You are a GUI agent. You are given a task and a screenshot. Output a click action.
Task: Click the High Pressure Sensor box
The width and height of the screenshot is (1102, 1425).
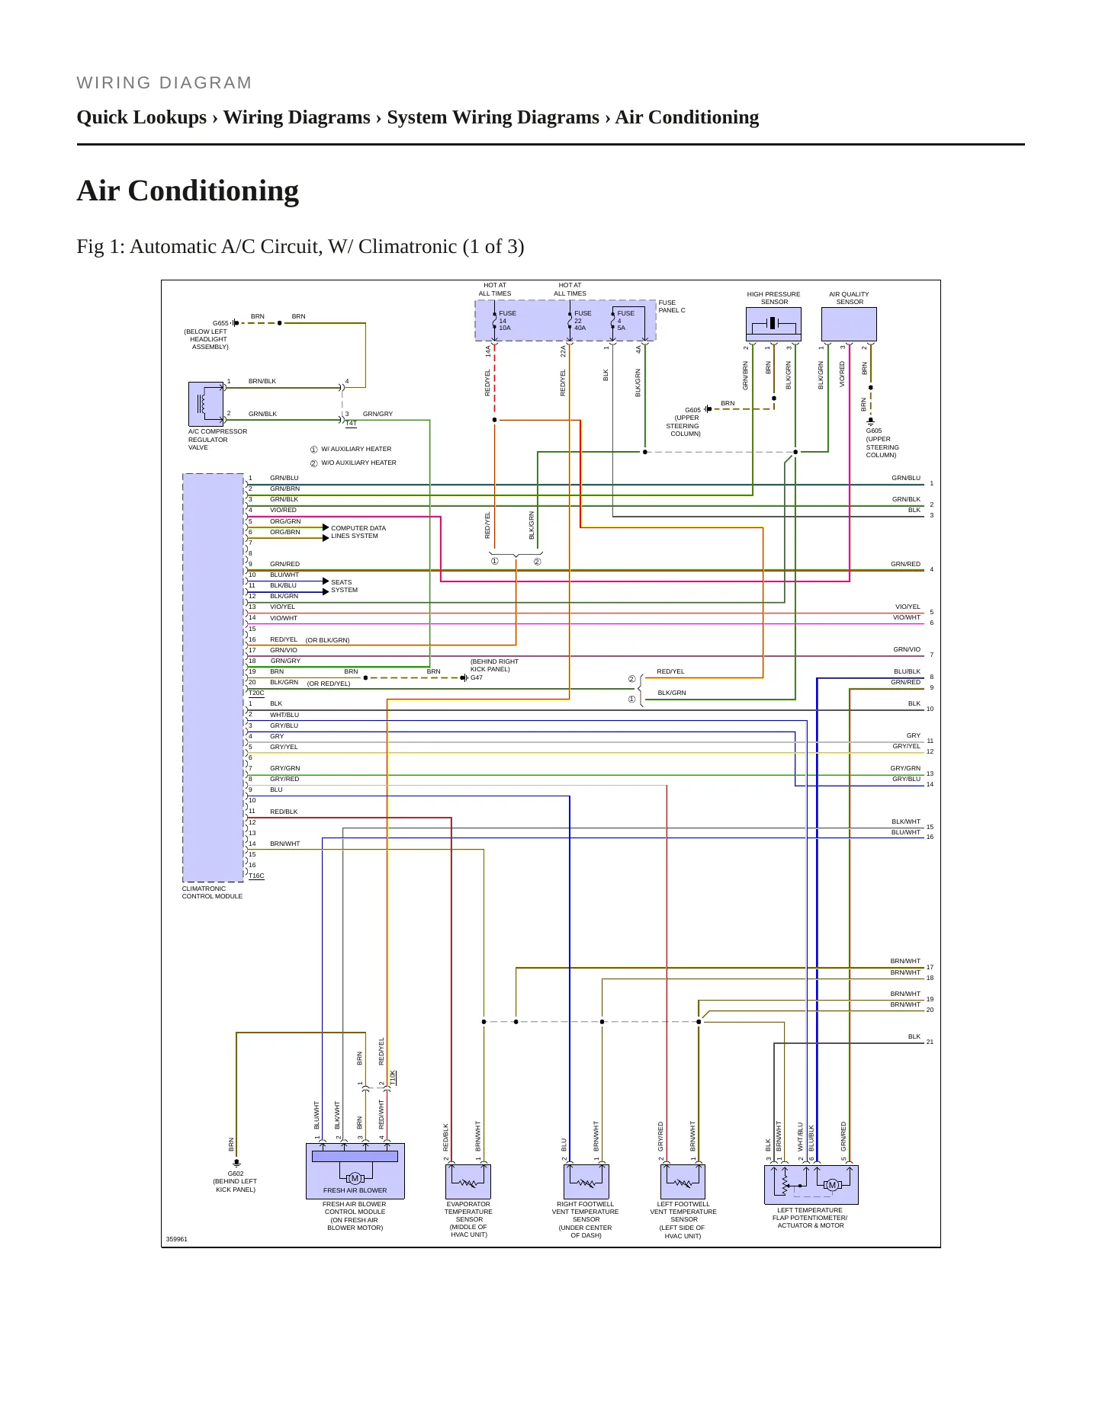pos(773,324)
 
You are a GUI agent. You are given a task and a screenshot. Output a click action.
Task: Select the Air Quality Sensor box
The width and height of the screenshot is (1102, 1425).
pos(849,324)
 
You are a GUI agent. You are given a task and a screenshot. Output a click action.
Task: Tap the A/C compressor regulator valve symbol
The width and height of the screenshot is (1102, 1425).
pos(206,404)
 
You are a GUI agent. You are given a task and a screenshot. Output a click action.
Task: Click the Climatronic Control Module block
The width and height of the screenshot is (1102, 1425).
pos(214,677)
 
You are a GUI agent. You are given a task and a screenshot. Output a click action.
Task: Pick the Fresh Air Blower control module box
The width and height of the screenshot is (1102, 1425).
pos(355,1170)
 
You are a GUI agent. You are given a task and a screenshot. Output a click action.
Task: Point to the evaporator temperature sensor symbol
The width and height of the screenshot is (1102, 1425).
pos(468,1181)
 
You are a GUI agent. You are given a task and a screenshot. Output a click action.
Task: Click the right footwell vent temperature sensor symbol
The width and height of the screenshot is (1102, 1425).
pos(586,1181)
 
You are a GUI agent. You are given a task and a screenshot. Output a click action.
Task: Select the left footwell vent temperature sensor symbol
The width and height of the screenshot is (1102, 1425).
pos(683,1181)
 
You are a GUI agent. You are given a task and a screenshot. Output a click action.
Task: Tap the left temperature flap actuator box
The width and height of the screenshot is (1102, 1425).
pos(811,1184)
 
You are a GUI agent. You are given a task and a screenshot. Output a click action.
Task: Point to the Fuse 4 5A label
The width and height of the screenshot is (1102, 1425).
pos(625,321)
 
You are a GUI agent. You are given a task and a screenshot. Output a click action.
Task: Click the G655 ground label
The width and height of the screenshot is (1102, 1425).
pos(220,323)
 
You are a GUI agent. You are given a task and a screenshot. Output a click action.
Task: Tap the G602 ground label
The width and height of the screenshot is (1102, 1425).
pos(236,1174)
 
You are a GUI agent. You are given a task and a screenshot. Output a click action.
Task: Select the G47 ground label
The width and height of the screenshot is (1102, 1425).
pos(477,677)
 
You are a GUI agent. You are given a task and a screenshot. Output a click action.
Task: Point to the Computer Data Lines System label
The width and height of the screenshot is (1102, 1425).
pos(358,532)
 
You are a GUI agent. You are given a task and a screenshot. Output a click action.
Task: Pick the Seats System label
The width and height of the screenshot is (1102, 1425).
pos(344,586)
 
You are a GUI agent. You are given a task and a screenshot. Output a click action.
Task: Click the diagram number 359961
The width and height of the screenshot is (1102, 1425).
pos(177,1239)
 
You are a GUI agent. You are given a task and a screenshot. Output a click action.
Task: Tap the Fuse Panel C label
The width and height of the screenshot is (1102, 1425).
pos(672,306)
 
